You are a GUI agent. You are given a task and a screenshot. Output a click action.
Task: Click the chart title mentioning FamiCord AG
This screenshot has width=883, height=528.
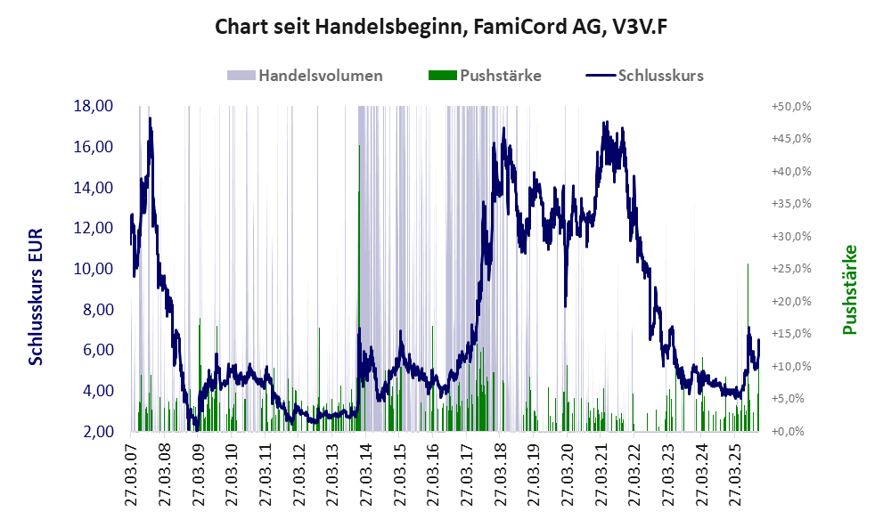[x=441, y=27]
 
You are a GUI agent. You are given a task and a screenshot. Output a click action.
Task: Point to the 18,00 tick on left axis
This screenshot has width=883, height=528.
[x=93, y=106]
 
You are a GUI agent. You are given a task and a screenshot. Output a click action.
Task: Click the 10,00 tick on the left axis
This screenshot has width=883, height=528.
[x=93, y=269]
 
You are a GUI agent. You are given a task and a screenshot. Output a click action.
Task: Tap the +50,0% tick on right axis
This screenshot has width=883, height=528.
[x=790, y=106]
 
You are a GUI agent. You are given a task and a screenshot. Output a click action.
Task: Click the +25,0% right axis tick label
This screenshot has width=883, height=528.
[x=790, y=269]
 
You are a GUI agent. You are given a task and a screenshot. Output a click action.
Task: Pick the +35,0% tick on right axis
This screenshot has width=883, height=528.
[x=790, y=204]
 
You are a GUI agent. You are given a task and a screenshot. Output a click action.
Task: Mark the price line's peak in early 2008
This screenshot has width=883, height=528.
[x=150, y=118]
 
